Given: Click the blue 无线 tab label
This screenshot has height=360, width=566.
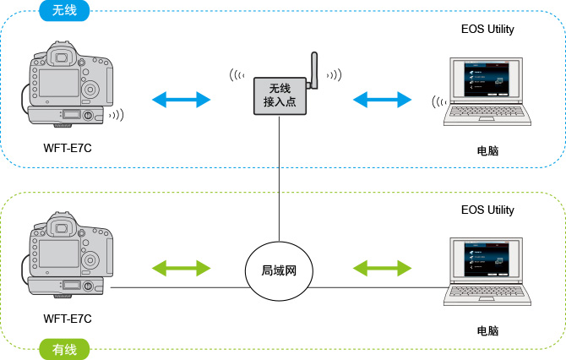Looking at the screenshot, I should click(x=65, y=12).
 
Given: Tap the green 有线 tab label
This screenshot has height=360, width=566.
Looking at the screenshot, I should click(x=65, y=347).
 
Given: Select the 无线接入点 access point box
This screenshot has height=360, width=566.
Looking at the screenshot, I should click(x=279, y=95).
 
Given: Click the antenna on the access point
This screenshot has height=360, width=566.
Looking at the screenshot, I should click(x=311, y=69).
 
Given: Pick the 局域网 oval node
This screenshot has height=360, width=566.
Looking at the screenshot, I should click(x=278, y=272).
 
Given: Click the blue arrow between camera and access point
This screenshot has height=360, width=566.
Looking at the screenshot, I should click(x=181, y=100).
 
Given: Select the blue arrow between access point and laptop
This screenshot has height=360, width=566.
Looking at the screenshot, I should click(x=382, y=100).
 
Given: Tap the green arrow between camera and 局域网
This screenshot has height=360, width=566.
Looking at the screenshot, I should click(x=181, y=269).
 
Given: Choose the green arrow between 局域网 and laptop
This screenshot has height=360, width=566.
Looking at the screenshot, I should click(x=382, y=269).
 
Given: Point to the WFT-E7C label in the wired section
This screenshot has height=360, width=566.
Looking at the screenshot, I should click(x=68, y=319).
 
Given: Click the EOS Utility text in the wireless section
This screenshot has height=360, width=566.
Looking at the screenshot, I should click(x=487, y=30).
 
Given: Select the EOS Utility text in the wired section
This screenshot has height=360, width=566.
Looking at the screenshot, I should click(x=487, y=210).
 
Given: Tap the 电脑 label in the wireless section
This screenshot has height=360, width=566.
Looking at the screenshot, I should click(x=487, y=151).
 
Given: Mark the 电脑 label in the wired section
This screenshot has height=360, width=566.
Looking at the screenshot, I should click(x=487, y=330).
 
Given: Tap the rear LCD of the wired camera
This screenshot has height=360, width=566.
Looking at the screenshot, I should click(x=58, y=253).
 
